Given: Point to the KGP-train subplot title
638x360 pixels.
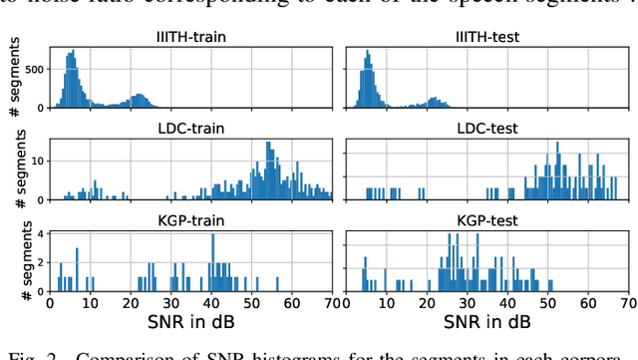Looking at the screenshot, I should [x=191, y=220].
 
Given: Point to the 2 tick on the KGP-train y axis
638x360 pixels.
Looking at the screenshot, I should [x=41, y=263].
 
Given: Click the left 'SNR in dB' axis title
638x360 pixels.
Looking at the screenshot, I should [x=191, y=325].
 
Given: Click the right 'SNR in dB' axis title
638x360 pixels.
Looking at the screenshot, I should [x=484, y=325].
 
